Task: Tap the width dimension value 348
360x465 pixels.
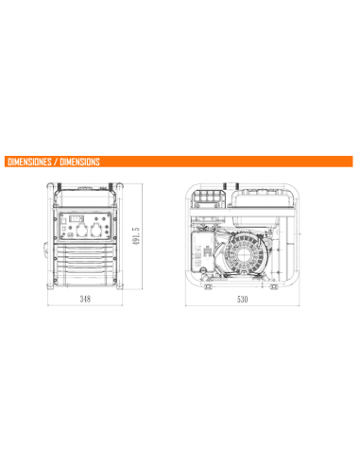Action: click(86, 298)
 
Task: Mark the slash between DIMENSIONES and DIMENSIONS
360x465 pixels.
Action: click(55, 161)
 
